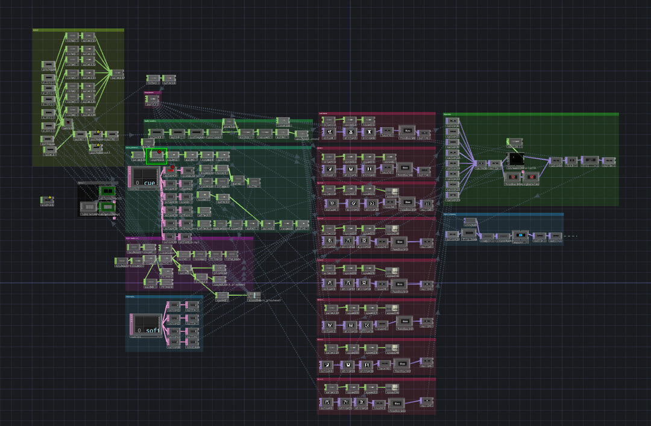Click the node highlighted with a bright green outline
(156, 156)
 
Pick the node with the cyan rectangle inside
(520, 235)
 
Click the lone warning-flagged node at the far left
(48, 199)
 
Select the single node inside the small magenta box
(153, 99)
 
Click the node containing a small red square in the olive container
(89, 49)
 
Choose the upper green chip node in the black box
(108, 192)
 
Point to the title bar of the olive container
(78, 30)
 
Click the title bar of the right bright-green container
(530, 114)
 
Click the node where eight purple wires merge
(480, 163)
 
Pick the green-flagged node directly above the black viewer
(514, 142)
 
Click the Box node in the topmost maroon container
(408, 131)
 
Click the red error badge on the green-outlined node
(160, 152)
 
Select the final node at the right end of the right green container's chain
(609, 161)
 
